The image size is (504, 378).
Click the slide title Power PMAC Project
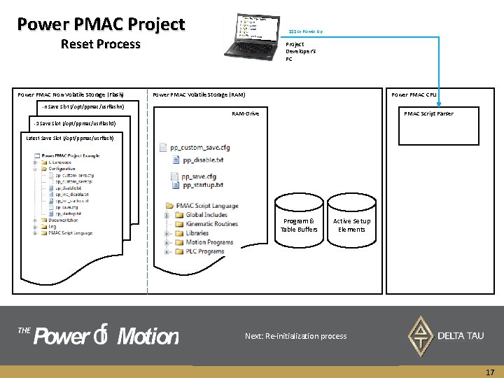point(101,24)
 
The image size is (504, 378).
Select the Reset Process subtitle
point(100,44)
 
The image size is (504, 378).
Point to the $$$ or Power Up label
point(306,31)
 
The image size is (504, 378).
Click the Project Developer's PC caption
point(295,51)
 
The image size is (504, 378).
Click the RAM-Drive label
point(245,113)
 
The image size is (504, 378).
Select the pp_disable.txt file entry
point(202,160)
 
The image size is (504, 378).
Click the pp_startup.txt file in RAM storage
point(202,185)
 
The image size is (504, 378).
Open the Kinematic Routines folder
point(211,224)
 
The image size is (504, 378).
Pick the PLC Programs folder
point(205,251)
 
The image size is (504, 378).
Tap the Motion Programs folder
point(209,242)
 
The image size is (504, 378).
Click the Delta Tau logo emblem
point(420,335)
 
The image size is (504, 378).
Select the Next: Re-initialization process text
point(295,336)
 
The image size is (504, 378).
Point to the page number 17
point(490,373)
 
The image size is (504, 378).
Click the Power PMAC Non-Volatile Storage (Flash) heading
point(71,94)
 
